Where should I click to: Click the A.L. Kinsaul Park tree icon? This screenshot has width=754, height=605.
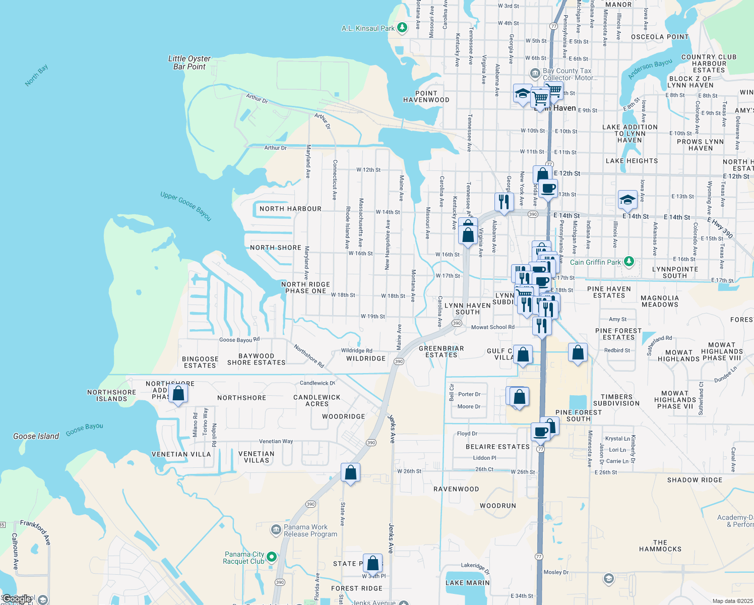click(x=402, y=28)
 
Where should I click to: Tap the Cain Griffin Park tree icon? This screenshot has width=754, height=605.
click(x=629, y=262)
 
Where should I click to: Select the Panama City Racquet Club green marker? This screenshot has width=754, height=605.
click(x=272, y=557)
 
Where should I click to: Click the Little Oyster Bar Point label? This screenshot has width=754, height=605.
click(x=190, y=63)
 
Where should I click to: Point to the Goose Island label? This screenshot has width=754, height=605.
click(x=36, y=436)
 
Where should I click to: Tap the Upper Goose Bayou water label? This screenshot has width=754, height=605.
click(x=186, y=206)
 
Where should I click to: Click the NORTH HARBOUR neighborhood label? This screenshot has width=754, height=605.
click(x=290, y=209)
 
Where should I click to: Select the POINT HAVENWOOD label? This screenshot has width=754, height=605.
click(x=426, y=97)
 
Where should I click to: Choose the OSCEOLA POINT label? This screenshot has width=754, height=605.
click(x=660, y=37)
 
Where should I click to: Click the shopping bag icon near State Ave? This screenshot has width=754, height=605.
click(x=350, y=473)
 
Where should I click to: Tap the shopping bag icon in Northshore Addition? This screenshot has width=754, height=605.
click(x=178, y=393)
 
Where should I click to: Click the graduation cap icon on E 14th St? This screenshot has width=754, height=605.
click(x=627, y=199)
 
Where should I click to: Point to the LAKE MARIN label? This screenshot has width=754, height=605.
click(x=468, y=583)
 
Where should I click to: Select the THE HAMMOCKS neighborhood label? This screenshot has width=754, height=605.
click(x=660, y=546)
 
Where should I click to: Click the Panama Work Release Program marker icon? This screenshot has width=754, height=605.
click(x=276, y=529)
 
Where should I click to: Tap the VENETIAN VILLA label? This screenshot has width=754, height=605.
click(x=181, y=454)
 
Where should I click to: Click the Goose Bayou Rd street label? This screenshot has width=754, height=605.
click(x=239, y=340)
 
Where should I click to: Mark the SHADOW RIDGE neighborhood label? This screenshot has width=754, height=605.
click(x=695, y=480)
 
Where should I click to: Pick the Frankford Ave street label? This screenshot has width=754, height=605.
click(x=36, y=532)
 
